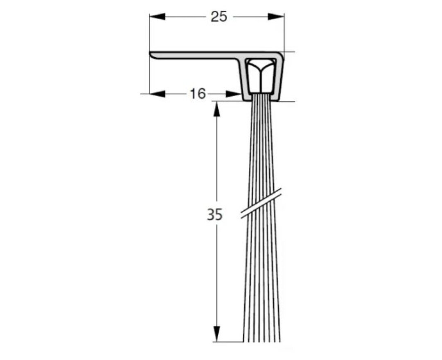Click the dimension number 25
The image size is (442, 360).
point(218,16)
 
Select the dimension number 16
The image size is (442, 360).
point(197,94)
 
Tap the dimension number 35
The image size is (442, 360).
point(214,214)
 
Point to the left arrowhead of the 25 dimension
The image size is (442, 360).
point(157,16)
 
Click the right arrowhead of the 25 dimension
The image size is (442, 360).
point(276,16)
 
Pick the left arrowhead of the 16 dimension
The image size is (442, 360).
point(157,94)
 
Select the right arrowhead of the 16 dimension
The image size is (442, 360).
point(233,94)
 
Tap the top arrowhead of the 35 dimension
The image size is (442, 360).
point(217,109)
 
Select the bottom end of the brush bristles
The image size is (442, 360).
point(262,340)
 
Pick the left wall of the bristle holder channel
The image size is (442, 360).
point(245,80)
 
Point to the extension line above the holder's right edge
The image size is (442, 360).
point(284,33)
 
